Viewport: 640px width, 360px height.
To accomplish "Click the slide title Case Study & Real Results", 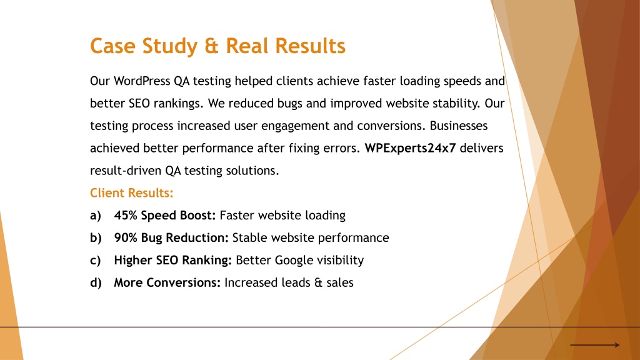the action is coord(217,46).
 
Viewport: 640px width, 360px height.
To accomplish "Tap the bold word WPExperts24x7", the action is coord(410,147).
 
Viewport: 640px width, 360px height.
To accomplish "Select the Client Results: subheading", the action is coord(131,192).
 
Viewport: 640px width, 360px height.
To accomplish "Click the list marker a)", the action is coord(96,216).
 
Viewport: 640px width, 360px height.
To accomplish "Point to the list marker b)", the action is coord(96,238).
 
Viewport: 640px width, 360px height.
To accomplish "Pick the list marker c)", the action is coord(95,261).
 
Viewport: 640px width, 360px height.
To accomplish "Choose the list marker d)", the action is coord(96,282).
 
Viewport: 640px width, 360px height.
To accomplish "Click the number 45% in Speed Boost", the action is coord(126,215).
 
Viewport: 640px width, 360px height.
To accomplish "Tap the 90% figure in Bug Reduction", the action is coord(126,237).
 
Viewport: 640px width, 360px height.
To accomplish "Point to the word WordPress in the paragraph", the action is coord(142,81).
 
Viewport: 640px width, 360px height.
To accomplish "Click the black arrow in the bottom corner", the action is coord(595,345).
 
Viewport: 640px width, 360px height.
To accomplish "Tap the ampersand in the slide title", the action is coord(211,46).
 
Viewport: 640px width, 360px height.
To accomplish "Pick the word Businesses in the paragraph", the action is coord(458,125).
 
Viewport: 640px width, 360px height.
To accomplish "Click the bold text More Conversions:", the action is coord(167,282).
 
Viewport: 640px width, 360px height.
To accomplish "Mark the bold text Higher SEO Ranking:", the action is coord(172,261).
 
